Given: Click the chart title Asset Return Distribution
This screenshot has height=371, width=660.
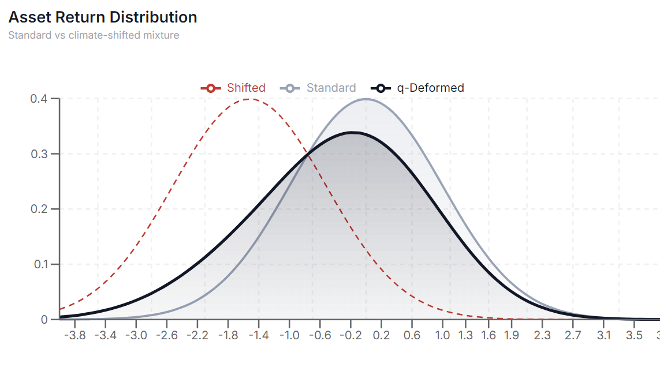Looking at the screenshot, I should tap(103, 17).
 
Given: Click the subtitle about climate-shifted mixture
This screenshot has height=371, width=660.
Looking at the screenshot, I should tap(94, 35).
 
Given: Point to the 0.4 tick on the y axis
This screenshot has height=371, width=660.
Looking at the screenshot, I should tap(40, 99).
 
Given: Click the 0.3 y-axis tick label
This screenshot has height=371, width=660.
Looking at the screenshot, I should tap(40, 154).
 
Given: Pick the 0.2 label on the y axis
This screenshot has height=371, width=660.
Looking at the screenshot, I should tap(40, 209).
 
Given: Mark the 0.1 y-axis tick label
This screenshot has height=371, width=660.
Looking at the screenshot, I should tap(40, 264).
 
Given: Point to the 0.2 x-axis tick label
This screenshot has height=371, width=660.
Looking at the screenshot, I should tap(381, 335).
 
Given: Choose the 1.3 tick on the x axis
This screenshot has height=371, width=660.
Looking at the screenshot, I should tap(465, 335).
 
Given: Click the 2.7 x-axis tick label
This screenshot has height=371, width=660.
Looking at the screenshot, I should tap(573, 335).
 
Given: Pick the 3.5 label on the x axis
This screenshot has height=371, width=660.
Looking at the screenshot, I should tap(634, 335).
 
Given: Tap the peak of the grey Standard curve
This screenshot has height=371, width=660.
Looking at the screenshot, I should tap(366, 99).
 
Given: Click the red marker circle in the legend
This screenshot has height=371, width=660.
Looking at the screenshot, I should tap(211, 88).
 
